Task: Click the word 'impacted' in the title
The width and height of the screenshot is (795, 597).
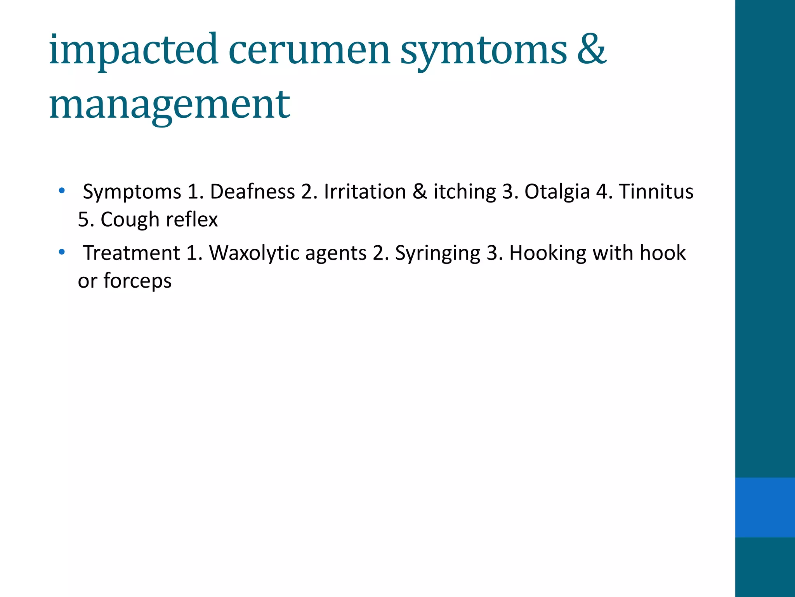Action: point(134,51)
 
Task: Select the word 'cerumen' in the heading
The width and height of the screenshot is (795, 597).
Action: point(309,51)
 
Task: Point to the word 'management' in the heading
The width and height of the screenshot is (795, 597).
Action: point(170,105)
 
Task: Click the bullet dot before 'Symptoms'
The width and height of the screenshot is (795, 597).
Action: point(62,191)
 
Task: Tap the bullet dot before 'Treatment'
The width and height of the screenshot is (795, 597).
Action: point(62,252)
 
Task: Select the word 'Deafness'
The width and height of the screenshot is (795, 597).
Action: point(252,192)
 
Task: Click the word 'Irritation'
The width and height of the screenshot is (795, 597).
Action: point(365,192)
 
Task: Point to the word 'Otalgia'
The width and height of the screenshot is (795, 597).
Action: point(557,192)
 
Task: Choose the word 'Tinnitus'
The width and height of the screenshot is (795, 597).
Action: point(656,192)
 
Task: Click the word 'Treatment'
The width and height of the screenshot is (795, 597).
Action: point(132,253)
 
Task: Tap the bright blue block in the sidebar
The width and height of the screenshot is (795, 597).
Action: point(765,507)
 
